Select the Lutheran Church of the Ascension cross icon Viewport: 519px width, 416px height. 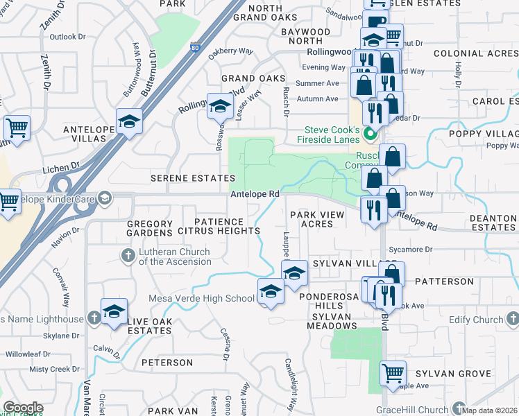coord(128,257)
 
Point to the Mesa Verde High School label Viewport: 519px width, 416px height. coord(202,299)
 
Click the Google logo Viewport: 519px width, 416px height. coord(22,408)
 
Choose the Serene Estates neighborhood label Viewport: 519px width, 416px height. coord(194,178)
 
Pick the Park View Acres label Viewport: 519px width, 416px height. coord(317,219)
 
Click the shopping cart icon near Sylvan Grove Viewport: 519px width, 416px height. coord(393,374)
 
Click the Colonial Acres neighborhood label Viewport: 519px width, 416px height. coord(476,53)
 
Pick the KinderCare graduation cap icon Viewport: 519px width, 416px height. coord(104,200)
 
